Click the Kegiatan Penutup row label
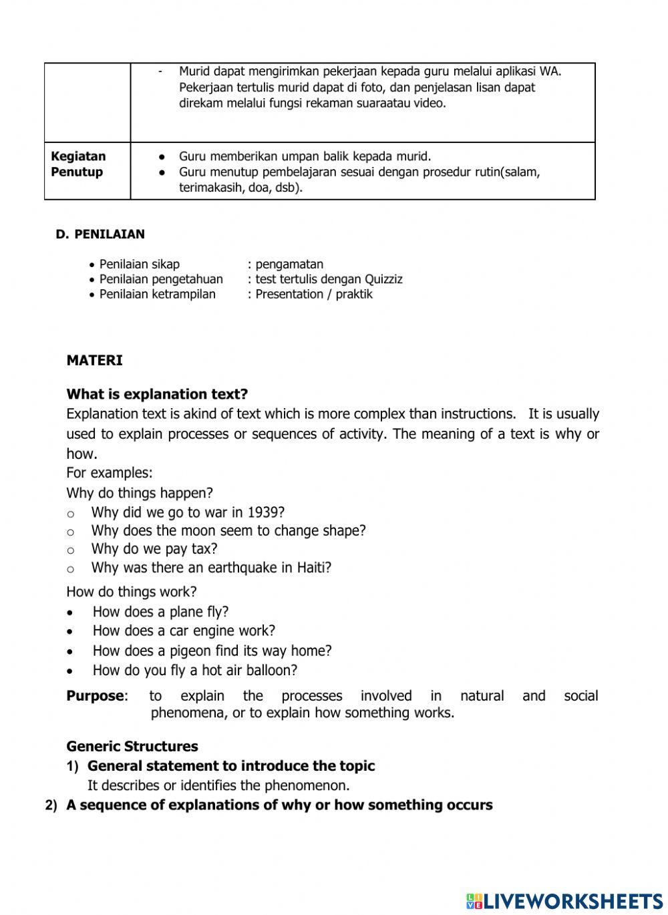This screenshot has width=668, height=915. (x=78, y=164)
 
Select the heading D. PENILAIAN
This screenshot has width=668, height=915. (x=100, y=234)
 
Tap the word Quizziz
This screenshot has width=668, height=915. (x=383, y=279)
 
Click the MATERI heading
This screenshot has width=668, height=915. (x=94, y=361)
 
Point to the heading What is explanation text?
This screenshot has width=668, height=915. (x=157, y=394)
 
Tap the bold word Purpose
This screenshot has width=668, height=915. (x=95, y=696)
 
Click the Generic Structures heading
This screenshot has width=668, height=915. (x=132, y=746)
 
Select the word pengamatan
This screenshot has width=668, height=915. (x=289, y=264)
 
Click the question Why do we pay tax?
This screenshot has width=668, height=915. (x=154, y=549)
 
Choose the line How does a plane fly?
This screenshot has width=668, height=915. (x=160, y=612)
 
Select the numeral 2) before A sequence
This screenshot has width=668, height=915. (x=51, y=805)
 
